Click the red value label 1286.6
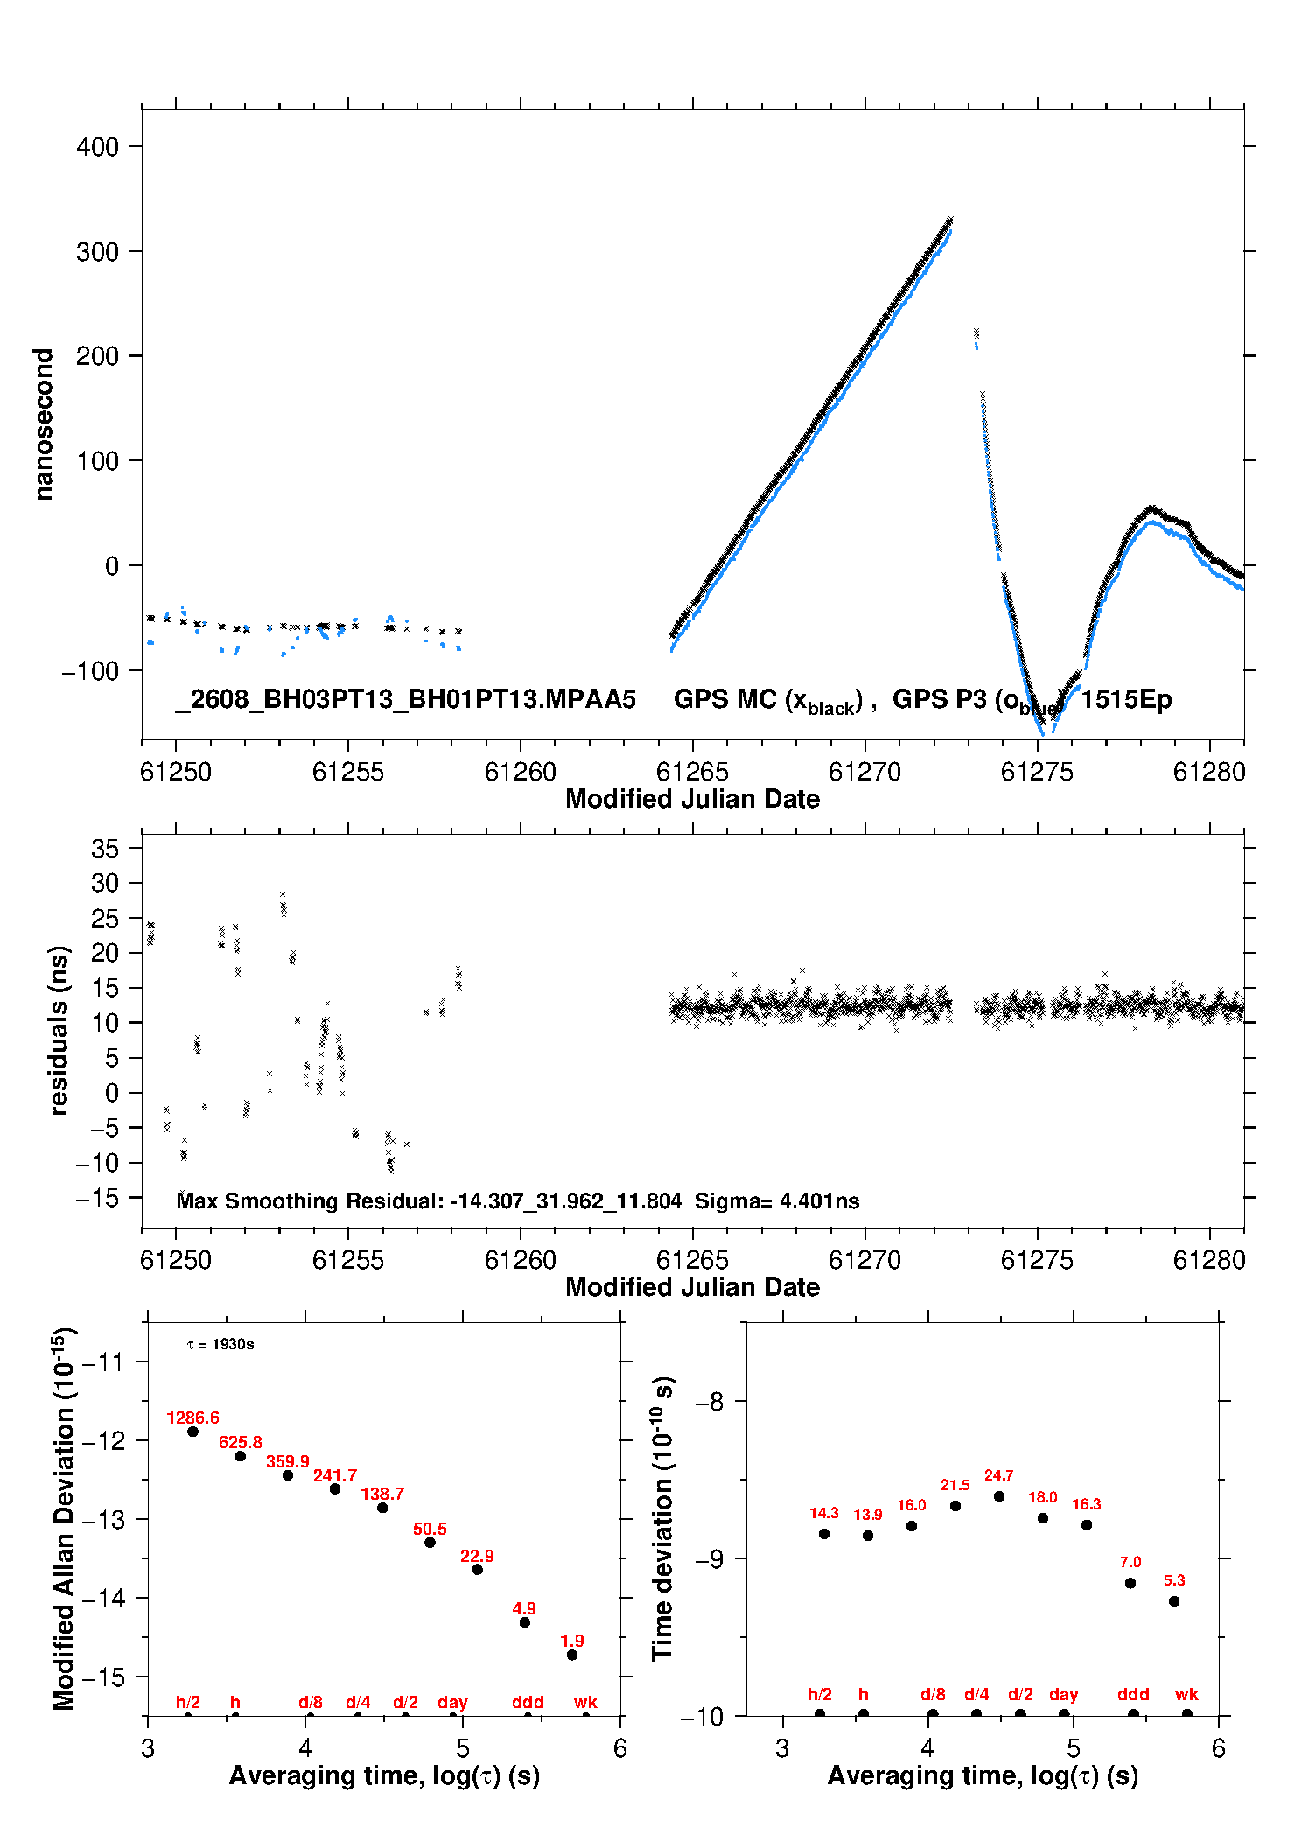point(192,1418)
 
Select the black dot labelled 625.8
point(240,1456)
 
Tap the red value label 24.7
point(998,1475)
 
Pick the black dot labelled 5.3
point(1174,1601)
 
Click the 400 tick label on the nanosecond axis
point(97,146)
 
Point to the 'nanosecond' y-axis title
point(43,424)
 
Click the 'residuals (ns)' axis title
point(59,1030)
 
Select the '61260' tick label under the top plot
point(521,772)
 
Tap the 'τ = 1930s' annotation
point(220,1344)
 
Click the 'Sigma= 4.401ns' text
point(777,1201)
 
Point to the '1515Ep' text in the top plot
point(1126,700)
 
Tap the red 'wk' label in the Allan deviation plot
point(585,1702)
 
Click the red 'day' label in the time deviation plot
point(1064,1695)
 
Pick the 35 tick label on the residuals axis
point(105,848)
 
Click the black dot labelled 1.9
point(572,1655)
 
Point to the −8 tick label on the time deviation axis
point(710,1402)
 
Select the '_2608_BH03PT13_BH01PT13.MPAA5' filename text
point(405,700)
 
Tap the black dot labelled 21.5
point(955,1506)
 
